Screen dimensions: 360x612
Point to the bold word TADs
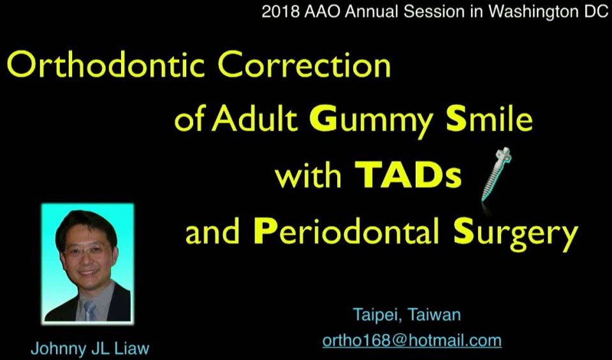click(408, 176)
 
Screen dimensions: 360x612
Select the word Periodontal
click(347, 233)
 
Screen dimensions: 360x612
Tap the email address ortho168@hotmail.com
click(412, 340)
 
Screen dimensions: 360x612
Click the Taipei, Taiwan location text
click(407, 315)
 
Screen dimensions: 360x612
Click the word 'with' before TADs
click(309, 176)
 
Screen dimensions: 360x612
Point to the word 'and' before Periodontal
click(214, 233)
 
